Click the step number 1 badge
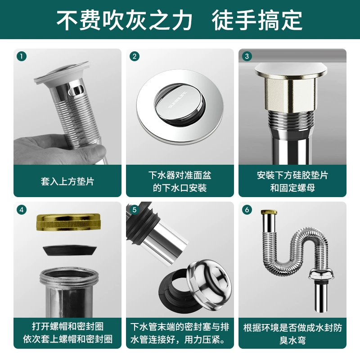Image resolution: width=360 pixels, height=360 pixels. pyautogui.click(x=22, y=56)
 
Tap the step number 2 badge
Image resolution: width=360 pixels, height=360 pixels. pyautogui.click(x=135, y=56)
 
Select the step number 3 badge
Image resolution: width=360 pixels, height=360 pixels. pyautogui.click(x=247, y=56)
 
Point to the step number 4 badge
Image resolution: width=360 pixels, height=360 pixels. pyautogui.click(x=22, y=210)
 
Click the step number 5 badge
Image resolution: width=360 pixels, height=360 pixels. pyautogui.click(x=135, y=210)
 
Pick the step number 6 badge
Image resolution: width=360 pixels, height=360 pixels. pyautogui.click(x=247, y=210)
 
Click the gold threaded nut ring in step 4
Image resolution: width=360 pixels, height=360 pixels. pyautogui.click(x=68, y=222)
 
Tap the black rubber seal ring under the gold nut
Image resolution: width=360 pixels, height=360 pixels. pyautogui.click(x=70, y=251)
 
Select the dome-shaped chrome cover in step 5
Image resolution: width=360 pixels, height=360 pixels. pyautogui.click(x=209, y=283)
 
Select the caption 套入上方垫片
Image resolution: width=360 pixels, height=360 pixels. pyautogui.click(x=67, y=181)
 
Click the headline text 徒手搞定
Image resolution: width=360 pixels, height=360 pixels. pyautogui.click(x=257, y=20)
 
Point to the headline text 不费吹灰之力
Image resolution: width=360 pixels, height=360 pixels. pyautogui.click(x=124, y=20)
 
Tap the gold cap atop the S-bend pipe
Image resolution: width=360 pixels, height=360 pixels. pyautogui.click(x=269, y=211)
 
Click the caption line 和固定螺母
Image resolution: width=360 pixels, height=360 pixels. pyautogui.click(x=292, y=188)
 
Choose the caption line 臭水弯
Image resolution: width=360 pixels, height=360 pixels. pyautogui.click(x=292, y=340)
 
